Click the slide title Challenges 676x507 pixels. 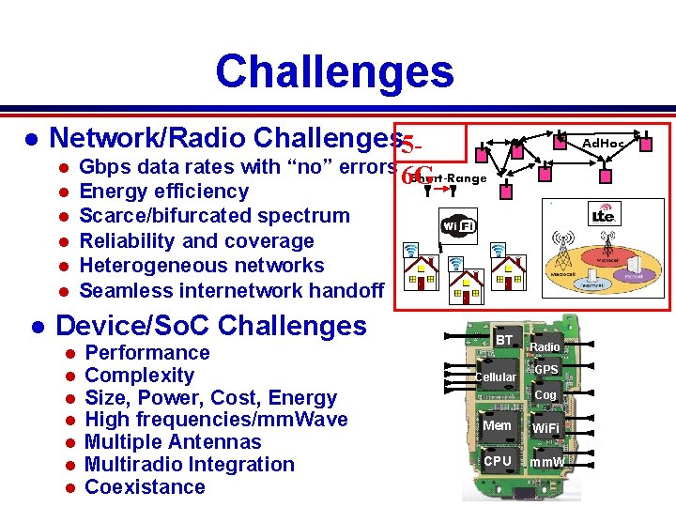click(x=333, y=71)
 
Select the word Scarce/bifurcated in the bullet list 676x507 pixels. click(x=151, y=216)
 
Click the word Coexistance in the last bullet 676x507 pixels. click(x=145, y=486)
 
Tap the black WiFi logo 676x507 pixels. click(x=457, y=225)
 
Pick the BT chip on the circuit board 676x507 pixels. click(x=504, y=340)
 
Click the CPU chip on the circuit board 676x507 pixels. click(x=498, y=461)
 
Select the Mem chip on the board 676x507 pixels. click(x=497, y=425)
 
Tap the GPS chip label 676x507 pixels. click(x=546, y=369)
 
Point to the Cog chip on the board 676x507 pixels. click(x=545, y=395)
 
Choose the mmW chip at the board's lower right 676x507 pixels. click(x=546, y=462)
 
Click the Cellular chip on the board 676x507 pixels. click(x=495, y=376)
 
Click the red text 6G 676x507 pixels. click(x=417, y=176)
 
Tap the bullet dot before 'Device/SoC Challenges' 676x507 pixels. click(x=37, y=327)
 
